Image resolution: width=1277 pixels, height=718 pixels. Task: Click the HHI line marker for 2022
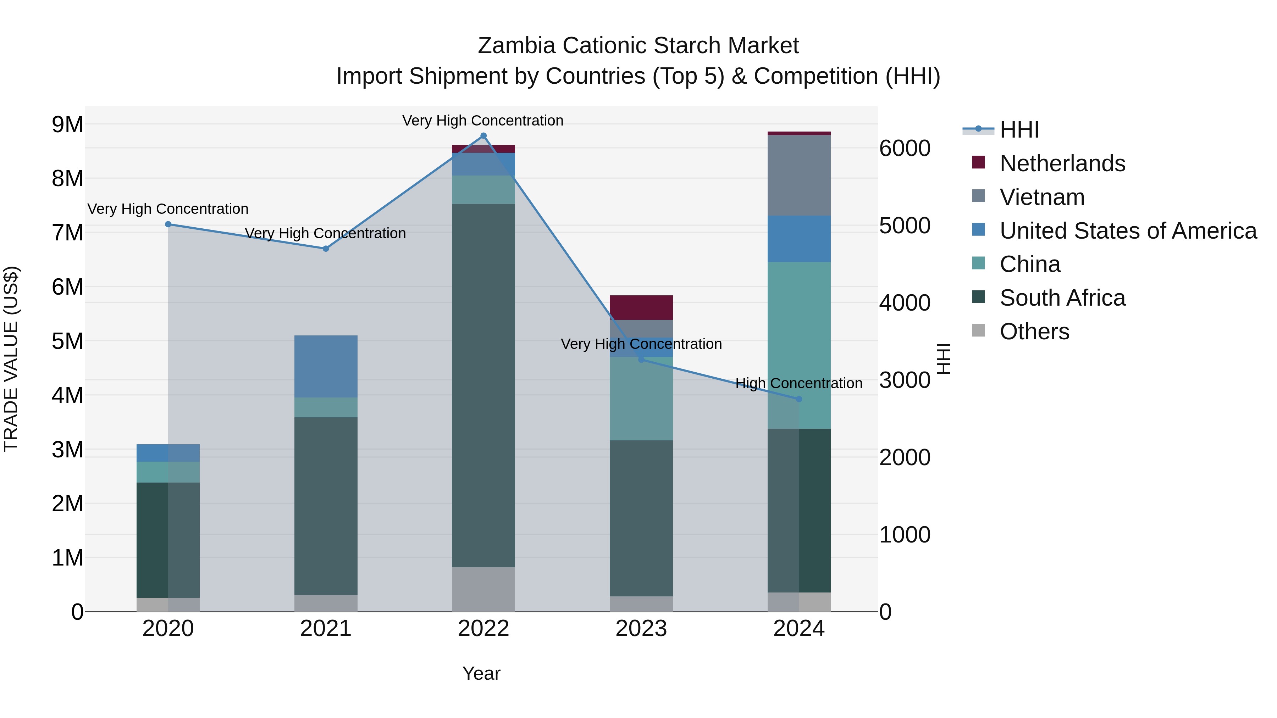pyautogui.click(x=483, y=136)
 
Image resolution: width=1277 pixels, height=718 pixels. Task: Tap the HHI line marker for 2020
pyautogui.click(x=168, y=224)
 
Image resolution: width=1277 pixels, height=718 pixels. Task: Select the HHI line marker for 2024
pyautogui.click(x=798, y=399)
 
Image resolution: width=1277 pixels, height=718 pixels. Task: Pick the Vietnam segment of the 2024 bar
pyautogui.click(x=798, y=176)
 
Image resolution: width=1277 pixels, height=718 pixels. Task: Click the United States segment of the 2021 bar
pyautogui.click(x=326, y=367)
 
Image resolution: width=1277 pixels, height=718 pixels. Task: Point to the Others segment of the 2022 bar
pyautogui.click(x=483, y=590)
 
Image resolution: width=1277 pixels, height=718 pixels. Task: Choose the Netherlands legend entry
pyautogui.click(x=1062, y=163)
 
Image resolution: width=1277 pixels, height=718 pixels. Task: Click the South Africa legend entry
pyautogui.click(x=1062, y=298)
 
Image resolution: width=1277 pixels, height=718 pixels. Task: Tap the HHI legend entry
pyautogui.click(x=1019, y=130)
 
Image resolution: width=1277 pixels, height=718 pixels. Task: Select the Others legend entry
pyautogui.click(x=1034, y=332)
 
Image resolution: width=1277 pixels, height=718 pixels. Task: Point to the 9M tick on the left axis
pyautogui.click(x=68, y=124)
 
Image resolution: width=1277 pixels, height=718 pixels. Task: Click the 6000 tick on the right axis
pyautogui.click(x=904, y=148)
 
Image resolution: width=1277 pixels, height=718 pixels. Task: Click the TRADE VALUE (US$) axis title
pyautogui.click(x=11, y=359)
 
